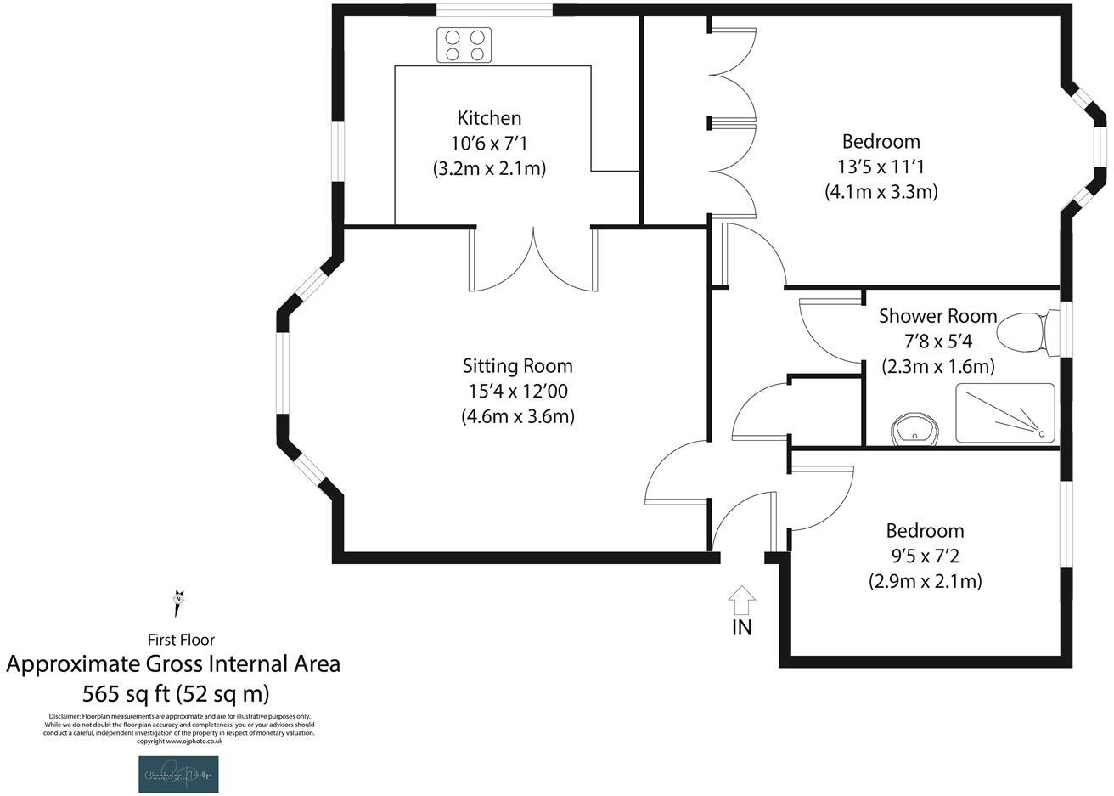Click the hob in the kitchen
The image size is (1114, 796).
(x=464, y=45)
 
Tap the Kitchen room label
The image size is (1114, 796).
(x=489, y=118)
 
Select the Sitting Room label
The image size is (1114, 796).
(x=517, y=366)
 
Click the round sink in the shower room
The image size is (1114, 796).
(x=916, y=427)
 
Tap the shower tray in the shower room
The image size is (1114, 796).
(x=1005, y=414)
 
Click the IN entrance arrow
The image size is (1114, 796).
(x=741, y=600)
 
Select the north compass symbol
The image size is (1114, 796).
(x=178, y=602)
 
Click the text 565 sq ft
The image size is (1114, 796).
(x=127, y=693)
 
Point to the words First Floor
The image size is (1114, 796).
(x=181, y=640)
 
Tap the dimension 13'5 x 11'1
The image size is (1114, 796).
(x=881, y=167)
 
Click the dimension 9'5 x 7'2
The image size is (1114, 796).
(x=925, y=556)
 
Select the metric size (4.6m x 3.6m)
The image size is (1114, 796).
(x=518, y=417)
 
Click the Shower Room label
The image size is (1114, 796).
(x=937, y=316)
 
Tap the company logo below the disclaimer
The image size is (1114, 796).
(x=178, y=774)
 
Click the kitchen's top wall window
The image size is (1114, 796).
(x=494, y=10)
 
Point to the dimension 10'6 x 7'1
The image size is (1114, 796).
(x=489, y=143)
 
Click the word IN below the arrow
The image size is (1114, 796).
(x=741, y=628)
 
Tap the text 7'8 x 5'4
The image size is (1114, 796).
(x=937, y=342)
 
